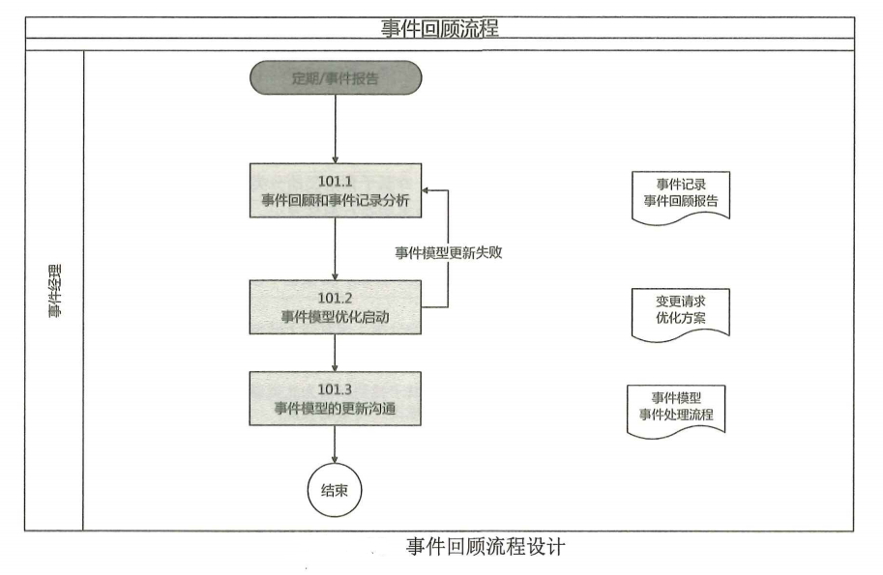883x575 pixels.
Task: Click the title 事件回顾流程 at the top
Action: click(440, 28)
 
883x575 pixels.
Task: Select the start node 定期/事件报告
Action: click(336, 78)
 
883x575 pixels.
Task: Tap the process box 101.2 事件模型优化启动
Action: click(335, 307)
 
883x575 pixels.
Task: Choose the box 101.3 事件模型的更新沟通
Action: click(335, 398)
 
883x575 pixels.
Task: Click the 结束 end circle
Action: click(335, 489)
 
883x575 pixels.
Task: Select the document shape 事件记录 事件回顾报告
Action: click(680, 195)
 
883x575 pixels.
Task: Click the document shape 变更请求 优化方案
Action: click(680, 311)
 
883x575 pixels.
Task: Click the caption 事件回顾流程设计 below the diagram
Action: click(485, 548)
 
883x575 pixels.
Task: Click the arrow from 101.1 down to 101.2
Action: click(335, 248)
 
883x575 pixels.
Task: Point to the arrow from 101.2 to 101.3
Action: click(335, 353)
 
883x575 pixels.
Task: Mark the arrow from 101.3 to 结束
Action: click(335, 444)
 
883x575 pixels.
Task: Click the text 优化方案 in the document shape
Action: click(680, 318)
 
